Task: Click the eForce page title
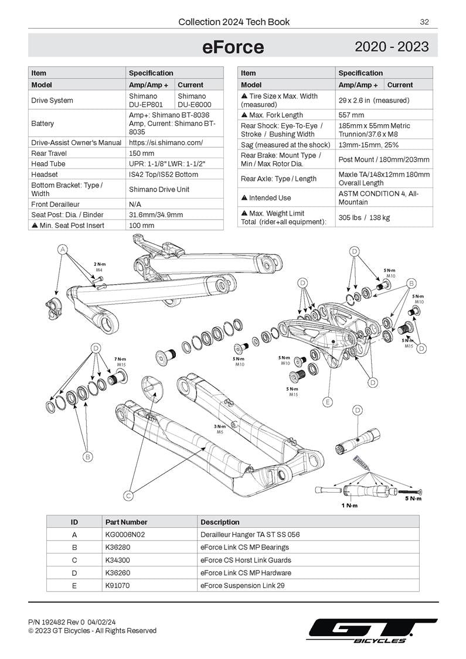(233, 47)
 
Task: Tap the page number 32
(424, 22)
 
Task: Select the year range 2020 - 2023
(392, 47)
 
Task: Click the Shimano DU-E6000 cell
(192, 100)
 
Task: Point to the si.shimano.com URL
(166, 142)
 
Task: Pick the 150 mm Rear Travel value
(142, 153)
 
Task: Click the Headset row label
(45, 175)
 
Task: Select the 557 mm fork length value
(351, 115)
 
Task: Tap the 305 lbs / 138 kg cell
(364, 217)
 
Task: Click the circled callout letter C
(129, 496)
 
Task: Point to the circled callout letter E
(328, 402)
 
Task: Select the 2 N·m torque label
(99, 265)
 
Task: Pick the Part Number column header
(126, 522)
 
